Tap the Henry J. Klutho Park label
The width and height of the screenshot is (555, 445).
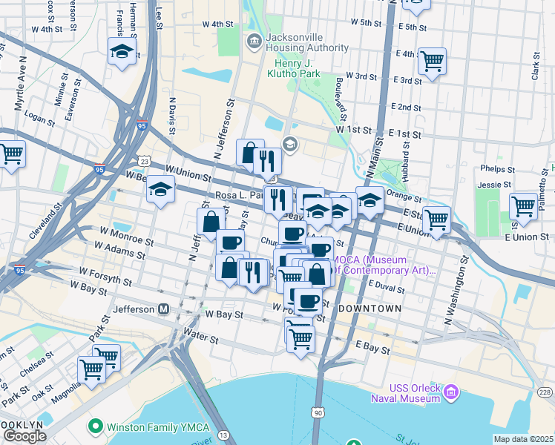[292, 74]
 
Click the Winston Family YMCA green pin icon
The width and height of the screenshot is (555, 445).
[94, 426]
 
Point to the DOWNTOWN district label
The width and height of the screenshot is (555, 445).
[370, 308]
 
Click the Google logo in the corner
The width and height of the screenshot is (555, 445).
[24, 436]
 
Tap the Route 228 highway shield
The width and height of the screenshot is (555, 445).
[545, 392]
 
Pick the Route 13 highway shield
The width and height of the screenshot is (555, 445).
[224, 435]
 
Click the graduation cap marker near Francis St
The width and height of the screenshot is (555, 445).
[122, 52]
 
